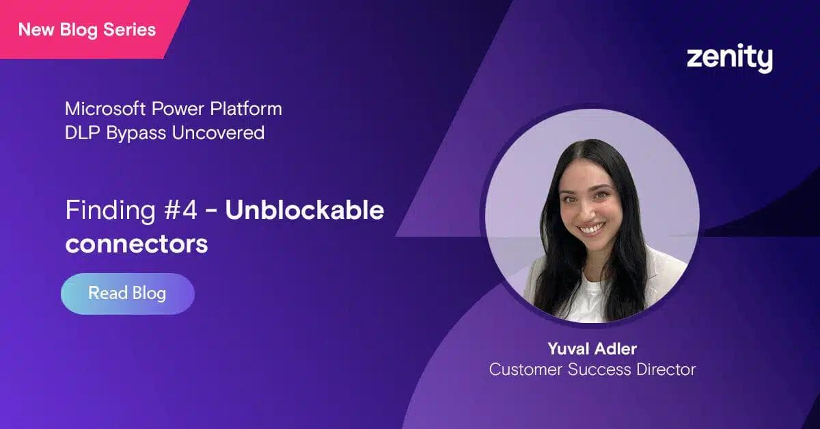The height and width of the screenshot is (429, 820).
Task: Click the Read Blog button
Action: (127, 294)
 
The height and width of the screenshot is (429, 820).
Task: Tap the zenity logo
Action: (729, 59)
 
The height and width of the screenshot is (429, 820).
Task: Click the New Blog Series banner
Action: (87, 29)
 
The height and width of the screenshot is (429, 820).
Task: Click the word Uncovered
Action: (218, 132)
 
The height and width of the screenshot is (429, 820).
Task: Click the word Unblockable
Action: (304, 211)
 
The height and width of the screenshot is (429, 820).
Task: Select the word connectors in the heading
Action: (136, 243)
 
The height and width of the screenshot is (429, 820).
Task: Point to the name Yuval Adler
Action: (592, 349)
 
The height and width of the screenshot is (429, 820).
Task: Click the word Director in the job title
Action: (667, 369)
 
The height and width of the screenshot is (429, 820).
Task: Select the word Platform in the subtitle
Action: (250, 109)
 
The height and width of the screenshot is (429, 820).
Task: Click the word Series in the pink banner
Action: (133, 29)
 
